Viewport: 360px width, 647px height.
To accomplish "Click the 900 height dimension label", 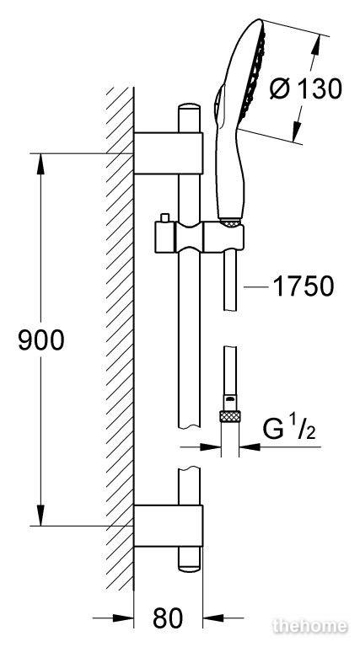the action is click(x=41, y=340).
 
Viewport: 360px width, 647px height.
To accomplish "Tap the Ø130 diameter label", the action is click(x=306, y=88).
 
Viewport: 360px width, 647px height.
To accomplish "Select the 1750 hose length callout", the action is click(x=304, y=286).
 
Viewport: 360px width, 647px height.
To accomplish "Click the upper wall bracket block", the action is click(x=169, y=153).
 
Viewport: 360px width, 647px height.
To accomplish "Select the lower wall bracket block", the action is click(x=169, y=526).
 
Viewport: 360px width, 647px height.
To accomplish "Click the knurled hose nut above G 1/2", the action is click(x=230, y=416).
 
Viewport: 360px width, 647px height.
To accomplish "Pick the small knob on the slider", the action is click(x=165, y=217).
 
